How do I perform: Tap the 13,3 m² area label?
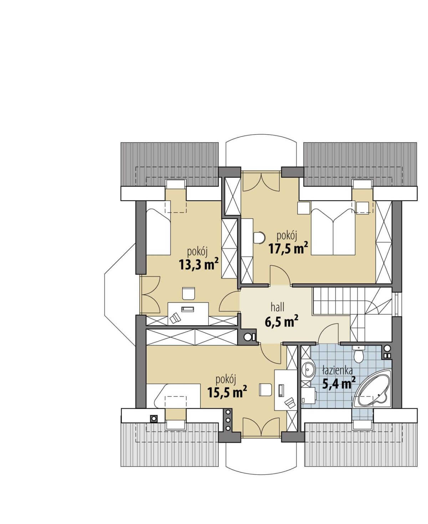199,265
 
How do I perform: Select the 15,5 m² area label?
227,393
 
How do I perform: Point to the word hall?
277,307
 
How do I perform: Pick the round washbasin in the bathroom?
308,370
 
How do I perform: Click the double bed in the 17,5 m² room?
333,228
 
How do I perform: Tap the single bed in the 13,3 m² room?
158,232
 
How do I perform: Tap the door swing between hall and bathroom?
328,333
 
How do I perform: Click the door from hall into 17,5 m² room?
280,275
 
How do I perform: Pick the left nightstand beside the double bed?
304,208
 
